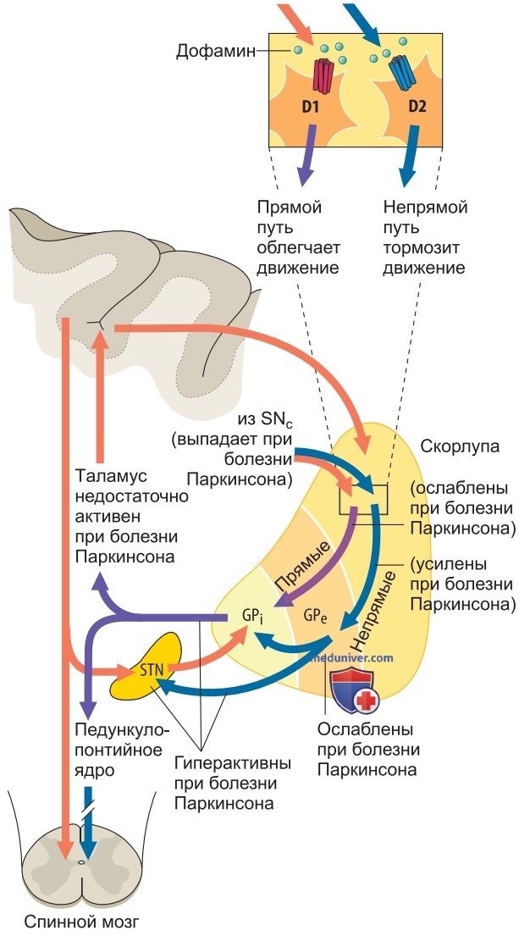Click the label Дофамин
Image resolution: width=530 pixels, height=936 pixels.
tap(215, 51)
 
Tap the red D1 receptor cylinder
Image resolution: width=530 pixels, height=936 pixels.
tap(323, 76)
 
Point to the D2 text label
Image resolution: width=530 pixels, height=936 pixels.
tap(417, 108)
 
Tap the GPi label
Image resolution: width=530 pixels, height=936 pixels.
tap(252, 617)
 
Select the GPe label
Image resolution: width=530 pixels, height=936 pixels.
tap(315, 616)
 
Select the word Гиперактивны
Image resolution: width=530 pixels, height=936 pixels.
tap(233, 763)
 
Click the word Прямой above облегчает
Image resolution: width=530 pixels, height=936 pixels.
tap(290, 208)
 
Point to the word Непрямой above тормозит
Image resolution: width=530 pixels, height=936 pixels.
tap(426, 208)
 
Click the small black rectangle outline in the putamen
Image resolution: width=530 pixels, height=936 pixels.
tap(363, 499)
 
